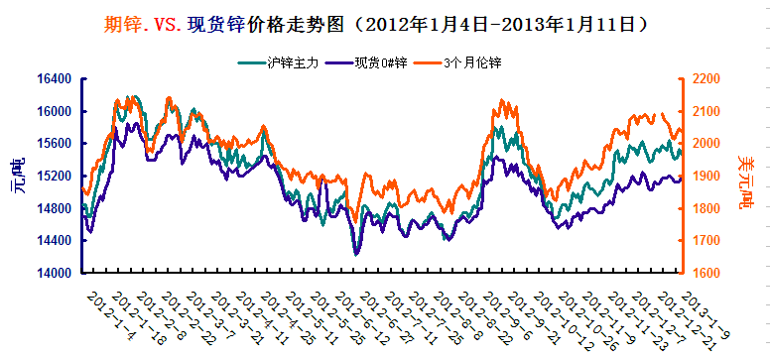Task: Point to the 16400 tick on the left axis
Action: (x=55, y=79)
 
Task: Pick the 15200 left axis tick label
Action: (x=55, y=176)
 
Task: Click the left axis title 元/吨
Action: (x=19, y=176)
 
